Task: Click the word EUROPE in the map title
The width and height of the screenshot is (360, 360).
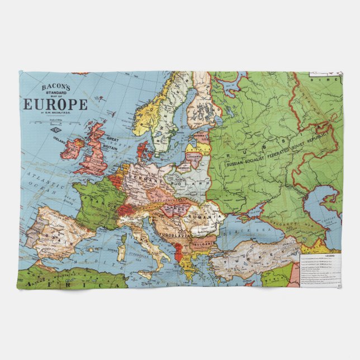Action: click(55, 104)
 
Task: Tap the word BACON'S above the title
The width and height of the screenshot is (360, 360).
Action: click(55, 87)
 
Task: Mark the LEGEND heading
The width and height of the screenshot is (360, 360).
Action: click(330, 255)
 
